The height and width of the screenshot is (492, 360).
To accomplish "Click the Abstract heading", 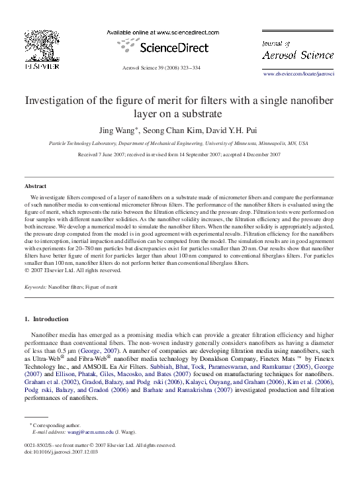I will point(35,187).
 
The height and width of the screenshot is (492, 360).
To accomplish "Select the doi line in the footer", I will point(60,452).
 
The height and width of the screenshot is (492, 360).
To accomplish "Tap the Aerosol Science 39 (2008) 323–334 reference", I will point(161,68).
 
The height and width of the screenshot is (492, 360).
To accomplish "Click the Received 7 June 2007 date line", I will point(179,154).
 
